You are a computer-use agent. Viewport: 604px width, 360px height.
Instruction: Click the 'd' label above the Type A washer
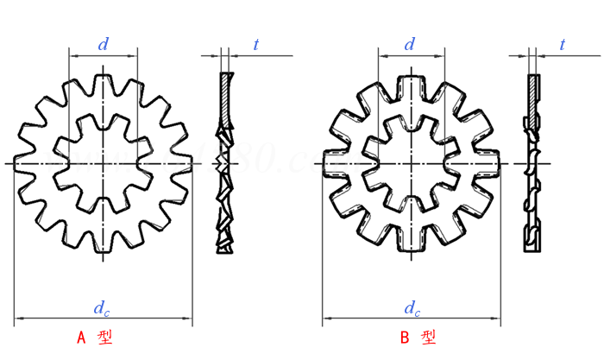pos(103,45)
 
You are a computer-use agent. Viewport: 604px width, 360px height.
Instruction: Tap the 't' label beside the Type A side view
pos(256,45)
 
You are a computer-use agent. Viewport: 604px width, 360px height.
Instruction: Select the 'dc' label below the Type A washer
pos(102,307)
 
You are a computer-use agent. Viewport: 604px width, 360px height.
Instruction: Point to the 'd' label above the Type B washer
pos(411,45)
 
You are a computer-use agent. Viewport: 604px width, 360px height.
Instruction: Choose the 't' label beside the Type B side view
pos(563,45)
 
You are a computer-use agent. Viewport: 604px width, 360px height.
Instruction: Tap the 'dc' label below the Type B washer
pos(412,307)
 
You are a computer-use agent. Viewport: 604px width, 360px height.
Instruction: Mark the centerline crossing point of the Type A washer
pos(103,162)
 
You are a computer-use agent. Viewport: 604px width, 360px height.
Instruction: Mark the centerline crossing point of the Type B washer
pos(411,162)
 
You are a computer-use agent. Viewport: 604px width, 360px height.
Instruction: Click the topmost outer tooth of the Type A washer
pos(103,81)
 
